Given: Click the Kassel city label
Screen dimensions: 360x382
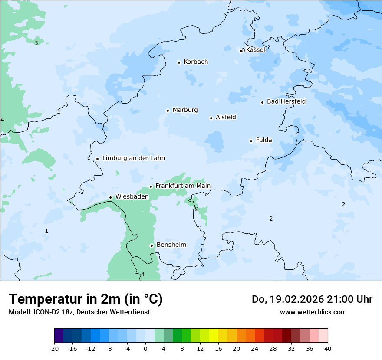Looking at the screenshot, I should pyautogui.click(x=255, y=49).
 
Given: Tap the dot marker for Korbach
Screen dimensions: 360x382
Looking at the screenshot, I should pyautogui.click(x=179, y=62).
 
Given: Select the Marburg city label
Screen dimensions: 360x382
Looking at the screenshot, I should pyautogui.click(x=185, y=110).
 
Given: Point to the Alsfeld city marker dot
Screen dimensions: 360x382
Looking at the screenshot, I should pyautogui.click(x=211, y=118).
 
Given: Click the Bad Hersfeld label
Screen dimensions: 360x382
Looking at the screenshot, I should pyautogui.click(x=286, y=101).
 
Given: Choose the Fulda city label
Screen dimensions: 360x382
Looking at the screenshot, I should pyautogui.click(x=264, y=140).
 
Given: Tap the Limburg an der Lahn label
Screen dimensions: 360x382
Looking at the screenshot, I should pyautogui.click(x=133, y=158).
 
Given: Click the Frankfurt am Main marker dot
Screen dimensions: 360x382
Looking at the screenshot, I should pyautogui.click(x=151, y=187).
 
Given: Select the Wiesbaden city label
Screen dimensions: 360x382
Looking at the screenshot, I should pyautogui.click(x=132, y=197).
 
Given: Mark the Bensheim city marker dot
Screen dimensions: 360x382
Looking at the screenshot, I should pyautogui.click(x=151, y=245).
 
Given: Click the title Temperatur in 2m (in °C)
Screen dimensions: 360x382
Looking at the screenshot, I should pyautogui.click(x=86, y=299).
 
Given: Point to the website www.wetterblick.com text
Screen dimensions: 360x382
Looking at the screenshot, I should pyautogui.click(x=313, y=312).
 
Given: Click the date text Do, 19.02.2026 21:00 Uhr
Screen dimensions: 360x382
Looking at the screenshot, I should pyautogui.click(x=312, y=299).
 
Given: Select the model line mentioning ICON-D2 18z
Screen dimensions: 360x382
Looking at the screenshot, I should pyautogui.click(x=79, y=312).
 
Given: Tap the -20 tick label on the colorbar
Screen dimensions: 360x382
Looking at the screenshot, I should pyautogui.click(x=54, y=349).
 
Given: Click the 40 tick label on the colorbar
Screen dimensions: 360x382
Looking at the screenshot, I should pyautogui.click(x=328, y=349).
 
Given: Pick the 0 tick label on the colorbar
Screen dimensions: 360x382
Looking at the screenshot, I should pyautogui.click(x=145, y=349).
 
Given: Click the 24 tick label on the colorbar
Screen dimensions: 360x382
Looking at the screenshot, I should pyautogui.click(x=255, y=349).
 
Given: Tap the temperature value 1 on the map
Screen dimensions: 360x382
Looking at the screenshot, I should pyautogui.click(x=46, y=231).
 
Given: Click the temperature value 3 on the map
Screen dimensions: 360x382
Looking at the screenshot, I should pyautogui.click(x=36, y=43).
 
